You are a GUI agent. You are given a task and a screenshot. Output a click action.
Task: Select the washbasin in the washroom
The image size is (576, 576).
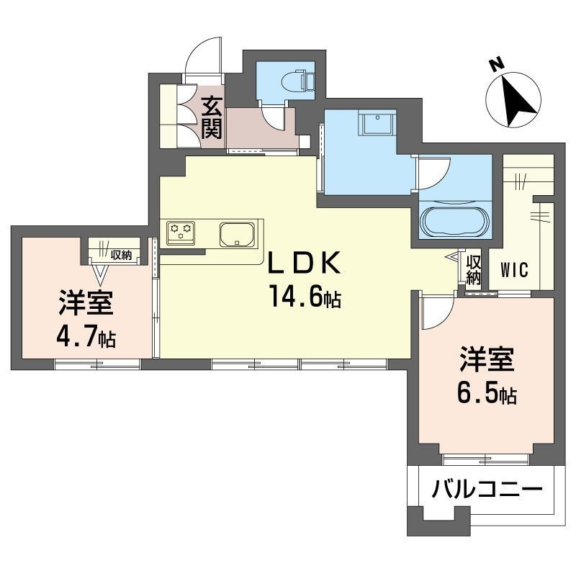click(377, 125)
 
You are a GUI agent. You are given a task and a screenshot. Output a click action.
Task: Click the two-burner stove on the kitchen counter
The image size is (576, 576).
click(180, 233)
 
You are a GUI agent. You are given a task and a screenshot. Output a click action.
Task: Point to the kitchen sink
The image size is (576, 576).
click(237, 234)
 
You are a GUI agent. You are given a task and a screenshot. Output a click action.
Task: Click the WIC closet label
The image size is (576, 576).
click(514, 271)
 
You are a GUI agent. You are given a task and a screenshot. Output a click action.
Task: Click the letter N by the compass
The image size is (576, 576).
click(495, 65)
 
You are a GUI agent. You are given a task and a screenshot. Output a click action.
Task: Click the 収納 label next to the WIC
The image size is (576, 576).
click(473, 268)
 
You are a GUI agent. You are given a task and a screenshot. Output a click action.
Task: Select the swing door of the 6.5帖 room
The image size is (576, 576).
click(436, 311)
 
